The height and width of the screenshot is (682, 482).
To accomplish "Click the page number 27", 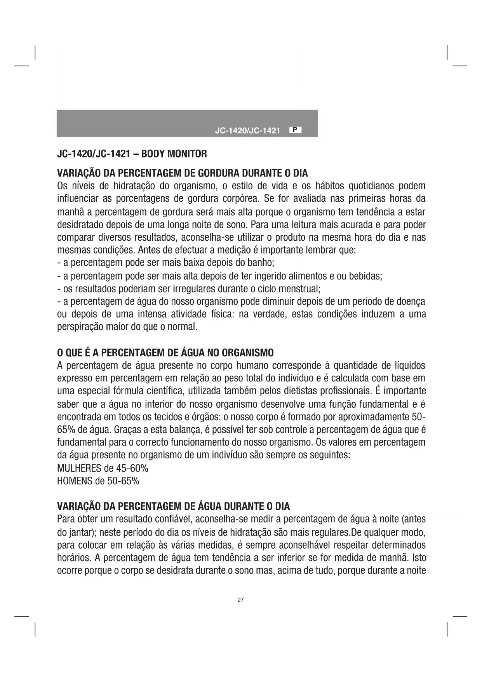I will click(240, 600).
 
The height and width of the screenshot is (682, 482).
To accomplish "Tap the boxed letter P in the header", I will click(295, 130).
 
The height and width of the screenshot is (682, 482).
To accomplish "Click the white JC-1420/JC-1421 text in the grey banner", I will click(247, 131).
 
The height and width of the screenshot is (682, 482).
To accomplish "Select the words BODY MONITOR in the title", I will click(174, 154).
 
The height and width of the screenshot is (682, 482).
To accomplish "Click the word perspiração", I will click(80, 327).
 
